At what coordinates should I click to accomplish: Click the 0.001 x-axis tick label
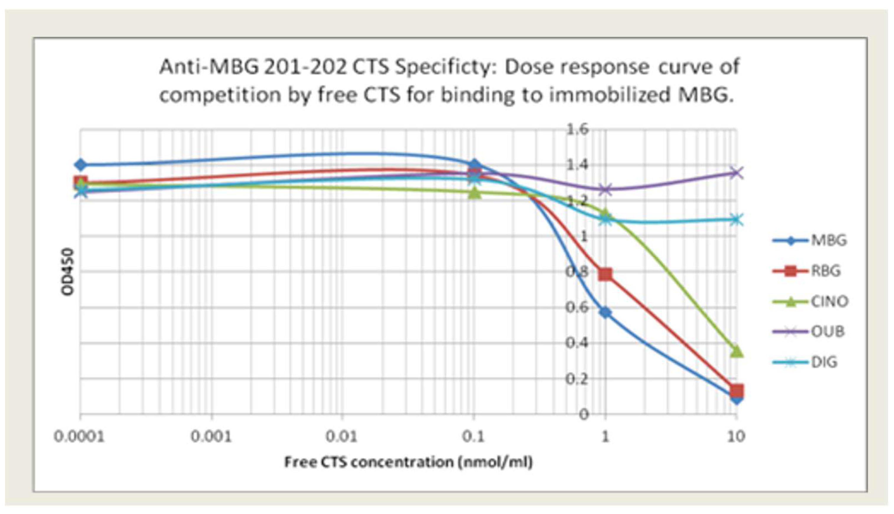(x=211, y=437)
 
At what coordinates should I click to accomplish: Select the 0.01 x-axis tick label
(x=342, y=437)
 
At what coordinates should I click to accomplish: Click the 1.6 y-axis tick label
(x=578, y=130)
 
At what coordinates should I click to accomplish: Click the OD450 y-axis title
(x=67, y=271)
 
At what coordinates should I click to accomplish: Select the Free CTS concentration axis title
(x=408, y=462)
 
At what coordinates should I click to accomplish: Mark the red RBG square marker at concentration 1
(x=605, y=274)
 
